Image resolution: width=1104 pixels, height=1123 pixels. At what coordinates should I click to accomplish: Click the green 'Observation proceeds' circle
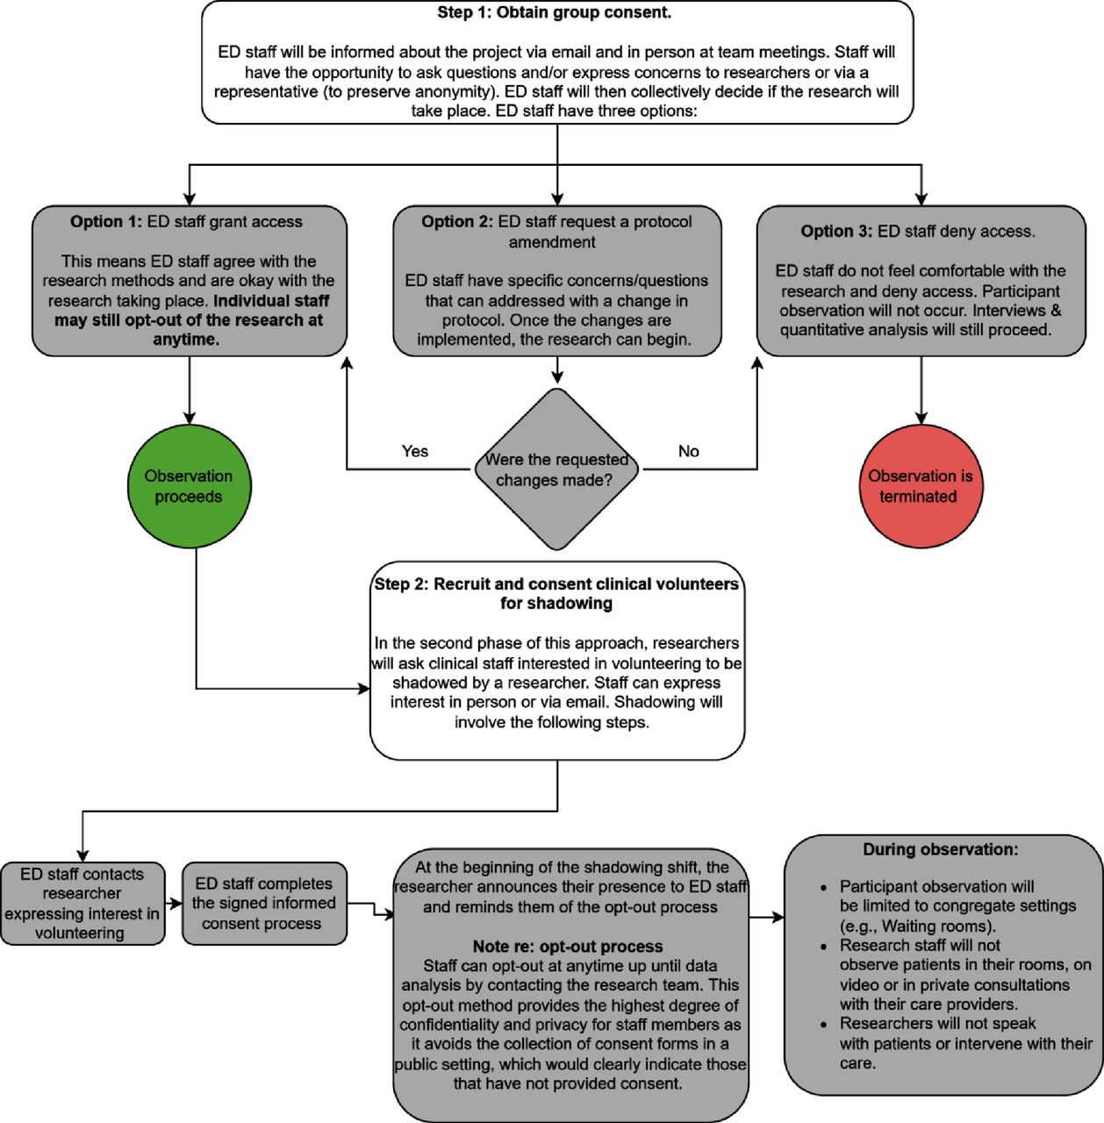189,486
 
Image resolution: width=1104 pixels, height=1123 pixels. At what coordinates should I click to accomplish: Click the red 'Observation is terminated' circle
921,486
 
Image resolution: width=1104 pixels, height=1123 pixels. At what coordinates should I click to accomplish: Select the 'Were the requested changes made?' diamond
556,469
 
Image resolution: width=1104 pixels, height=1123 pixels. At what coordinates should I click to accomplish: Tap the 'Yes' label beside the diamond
414,451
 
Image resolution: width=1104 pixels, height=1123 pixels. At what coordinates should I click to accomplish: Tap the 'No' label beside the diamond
688,451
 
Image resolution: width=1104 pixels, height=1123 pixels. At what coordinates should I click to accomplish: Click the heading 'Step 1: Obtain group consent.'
554,12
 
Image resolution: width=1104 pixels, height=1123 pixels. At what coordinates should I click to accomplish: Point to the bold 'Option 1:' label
106,221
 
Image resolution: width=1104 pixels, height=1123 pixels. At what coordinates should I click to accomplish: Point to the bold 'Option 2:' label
457,221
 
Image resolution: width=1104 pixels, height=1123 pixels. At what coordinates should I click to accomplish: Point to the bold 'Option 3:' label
836,232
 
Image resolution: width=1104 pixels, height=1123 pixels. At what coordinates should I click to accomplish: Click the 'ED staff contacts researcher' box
82,904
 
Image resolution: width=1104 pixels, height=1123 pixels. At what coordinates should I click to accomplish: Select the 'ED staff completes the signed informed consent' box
264,904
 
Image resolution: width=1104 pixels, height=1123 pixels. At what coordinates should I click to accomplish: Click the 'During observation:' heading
940,849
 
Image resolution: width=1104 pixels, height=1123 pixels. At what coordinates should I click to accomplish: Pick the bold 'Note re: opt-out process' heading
568,947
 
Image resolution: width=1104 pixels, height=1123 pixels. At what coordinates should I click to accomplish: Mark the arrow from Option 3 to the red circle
921,390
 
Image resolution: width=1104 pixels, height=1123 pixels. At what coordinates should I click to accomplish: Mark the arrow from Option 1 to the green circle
189,390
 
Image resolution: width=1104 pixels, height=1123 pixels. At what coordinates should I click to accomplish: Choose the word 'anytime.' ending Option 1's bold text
186,340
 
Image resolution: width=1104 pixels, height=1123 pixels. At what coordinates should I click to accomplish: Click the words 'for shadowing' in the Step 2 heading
556,603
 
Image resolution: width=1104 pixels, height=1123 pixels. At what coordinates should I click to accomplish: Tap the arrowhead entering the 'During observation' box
778,918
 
